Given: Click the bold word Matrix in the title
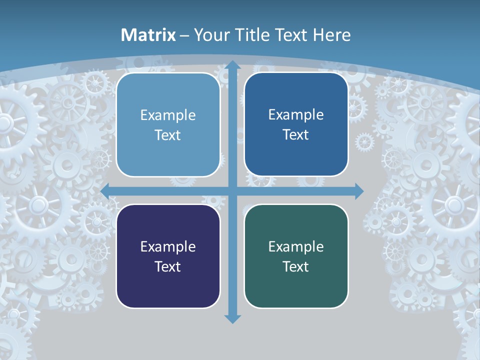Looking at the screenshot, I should (x=148, y=35).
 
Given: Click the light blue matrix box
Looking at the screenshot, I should (x=168, y=124).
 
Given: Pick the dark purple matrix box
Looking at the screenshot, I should (x=168, y=256).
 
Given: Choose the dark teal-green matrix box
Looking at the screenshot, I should (x=296, y=256).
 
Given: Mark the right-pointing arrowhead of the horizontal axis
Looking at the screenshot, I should (x=358, y=191).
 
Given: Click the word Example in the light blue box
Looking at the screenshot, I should (x=168, y=115).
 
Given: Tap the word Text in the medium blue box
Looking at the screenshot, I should (x=296, y=135).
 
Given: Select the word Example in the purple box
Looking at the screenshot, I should (x=168, y=247).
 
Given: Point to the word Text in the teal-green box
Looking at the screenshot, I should (x=296, y=267).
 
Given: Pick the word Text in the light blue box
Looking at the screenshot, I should (x=168, y=135).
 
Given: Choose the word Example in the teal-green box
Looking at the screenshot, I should (x=296, y=247).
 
